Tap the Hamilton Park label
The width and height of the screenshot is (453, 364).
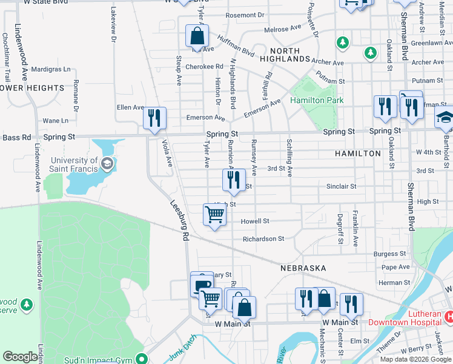[317, 100]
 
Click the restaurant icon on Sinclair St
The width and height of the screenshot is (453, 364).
[233, 179]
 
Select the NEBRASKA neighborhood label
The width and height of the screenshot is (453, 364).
[303, 268]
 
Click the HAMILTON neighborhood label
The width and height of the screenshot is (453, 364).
[358, 153]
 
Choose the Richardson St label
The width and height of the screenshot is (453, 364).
[263, 239]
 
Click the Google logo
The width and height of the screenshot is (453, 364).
[20, 357]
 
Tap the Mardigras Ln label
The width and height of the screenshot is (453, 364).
[50, 70]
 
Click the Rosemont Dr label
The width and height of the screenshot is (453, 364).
[245, 15]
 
